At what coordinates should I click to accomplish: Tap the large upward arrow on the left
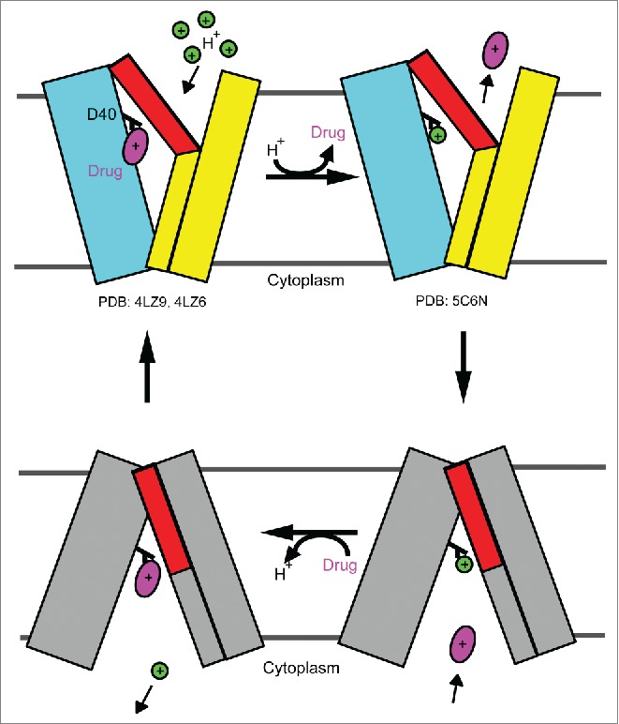(x=146, y=367)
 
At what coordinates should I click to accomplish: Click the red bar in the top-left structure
(x=155, y=103)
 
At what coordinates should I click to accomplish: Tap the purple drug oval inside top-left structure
(x=137, y=147)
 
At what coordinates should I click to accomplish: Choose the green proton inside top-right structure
(x=437, y=136)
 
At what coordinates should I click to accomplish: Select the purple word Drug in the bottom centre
(x=341, y=566)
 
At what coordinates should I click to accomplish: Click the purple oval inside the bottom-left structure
(x=148, y=578)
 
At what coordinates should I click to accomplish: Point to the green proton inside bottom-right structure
(x=464, y=564)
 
